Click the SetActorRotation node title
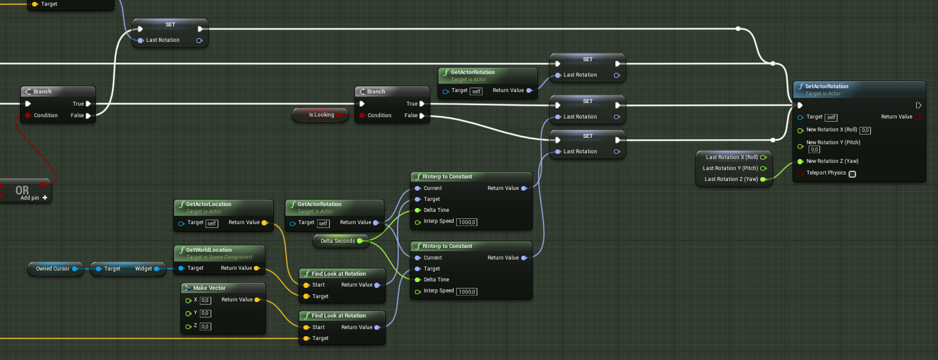click(x=826, y=86)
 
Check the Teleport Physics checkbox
click(x=852, y=174)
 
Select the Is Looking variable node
click(x=320, y=115)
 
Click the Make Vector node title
click(x=209, y=288)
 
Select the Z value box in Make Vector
click(x=205, y=327)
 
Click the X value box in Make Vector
click(x=205, y=300)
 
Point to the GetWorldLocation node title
click(x=209, y=250)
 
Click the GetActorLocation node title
click(x=209, y=204)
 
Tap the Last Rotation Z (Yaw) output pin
click(x=763, y=179)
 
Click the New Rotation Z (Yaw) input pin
click(x=800, y=161)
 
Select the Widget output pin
click(x=157, y=269)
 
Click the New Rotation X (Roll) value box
click(x=865, y=130)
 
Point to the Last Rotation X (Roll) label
click(x=732, y=157)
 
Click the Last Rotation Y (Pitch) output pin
click(x=763, y=168)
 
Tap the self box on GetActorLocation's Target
click(x=212, y=223)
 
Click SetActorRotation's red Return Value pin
click(x=917, y=117)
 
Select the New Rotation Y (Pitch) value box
click(x=814, y=149)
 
